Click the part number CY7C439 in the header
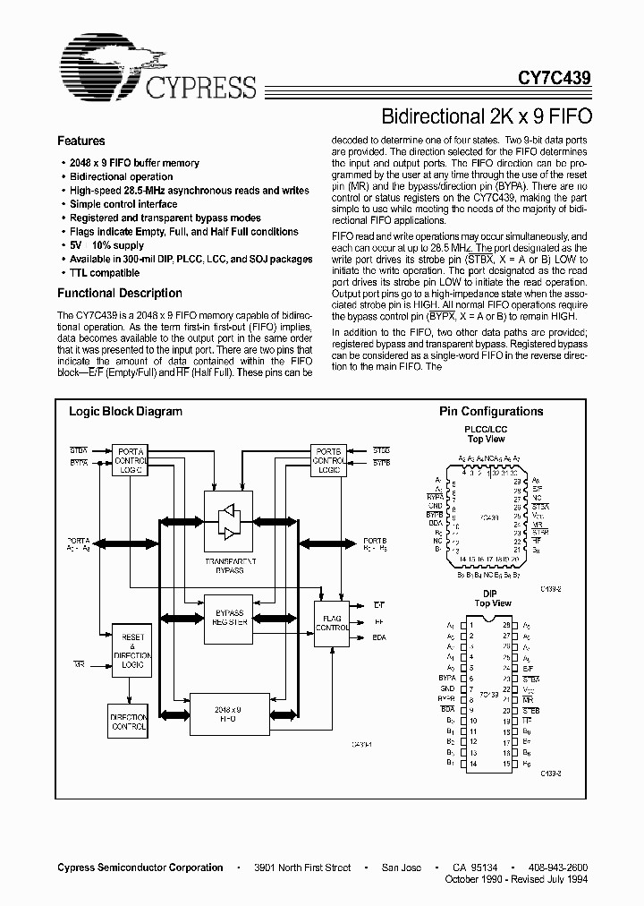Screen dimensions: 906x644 pyautogui.click(x=555, y=79)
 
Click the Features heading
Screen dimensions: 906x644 pyautogui.click(x=81, y=141)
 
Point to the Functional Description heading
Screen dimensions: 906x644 pyautogui.click(x=120, y=293)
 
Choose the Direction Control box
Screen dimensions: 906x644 pyautogui.click(x=129, y=723)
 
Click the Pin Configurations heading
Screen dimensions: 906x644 pyautogui.click(x=491, y=412)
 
